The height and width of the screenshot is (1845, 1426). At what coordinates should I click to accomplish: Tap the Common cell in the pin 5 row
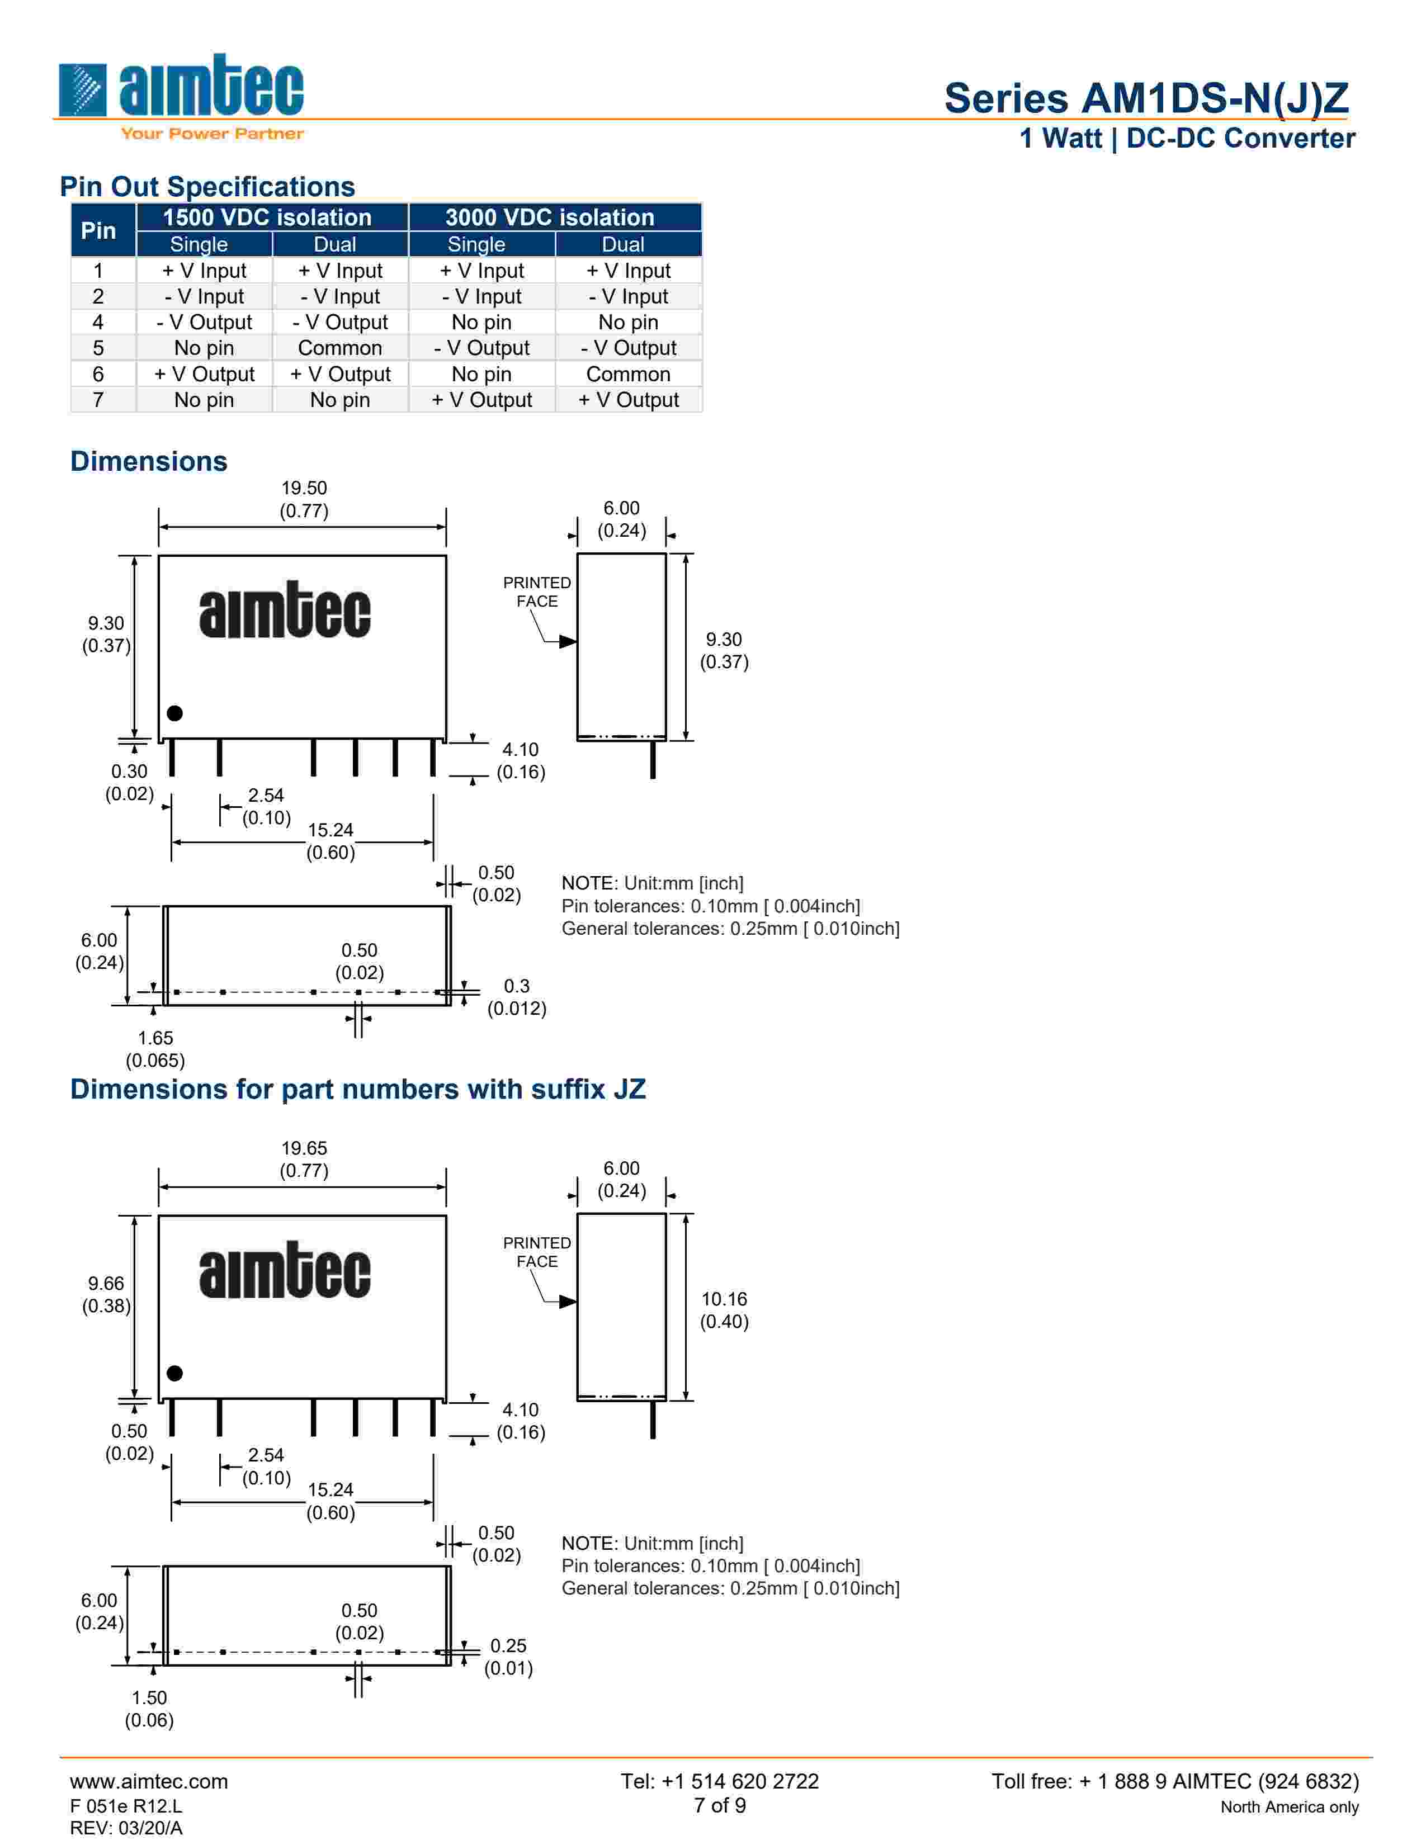(x=339, y=348)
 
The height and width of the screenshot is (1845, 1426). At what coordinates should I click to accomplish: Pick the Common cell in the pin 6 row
(x=627, y=374)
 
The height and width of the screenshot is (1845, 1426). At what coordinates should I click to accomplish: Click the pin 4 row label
(x=99, y=322)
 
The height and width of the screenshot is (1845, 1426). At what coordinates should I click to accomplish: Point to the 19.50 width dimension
(x=304, y=488)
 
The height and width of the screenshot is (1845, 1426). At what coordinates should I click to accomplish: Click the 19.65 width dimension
(x=304, y=1148)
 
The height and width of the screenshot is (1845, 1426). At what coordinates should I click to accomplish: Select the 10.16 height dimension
(x=724, y=1299)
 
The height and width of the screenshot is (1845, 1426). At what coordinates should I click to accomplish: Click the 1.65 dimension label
(x=155, y=1038)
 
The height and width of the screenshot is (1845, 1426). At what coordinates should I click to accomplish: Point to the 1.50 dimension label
(x=149, y=1698)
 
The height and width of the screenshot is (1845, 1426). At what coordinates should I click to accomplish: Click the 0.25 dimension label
(x=508, y=1645)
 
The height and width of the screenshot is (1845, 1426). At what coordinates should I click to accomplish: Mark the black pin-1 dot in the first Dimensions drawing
(x=175, y=713)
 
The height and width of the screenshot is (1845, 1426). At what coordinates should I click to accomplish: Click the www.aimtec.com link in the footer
(x=149, y=1781)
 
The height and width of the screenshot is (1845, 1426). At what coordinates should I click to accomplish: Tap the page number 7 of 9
(x=720, y=1805)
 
